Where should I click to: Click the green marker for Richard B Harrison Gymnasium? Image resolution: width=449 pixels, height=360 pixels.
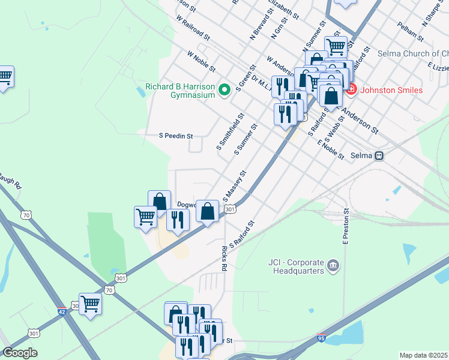225,91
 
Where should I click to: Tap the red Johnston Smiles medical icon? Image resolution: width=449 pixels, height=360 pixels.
350,90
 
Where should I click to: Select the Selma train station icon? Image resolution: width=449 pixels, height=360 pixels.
379,155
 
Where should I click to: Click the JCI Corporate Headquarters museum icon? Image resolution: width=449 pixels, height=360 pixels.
334,265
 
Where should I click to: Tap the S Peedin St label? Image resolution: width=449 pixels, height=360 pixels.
175,136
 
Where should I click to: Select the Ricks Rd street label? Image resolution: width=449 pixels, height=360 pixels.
224,257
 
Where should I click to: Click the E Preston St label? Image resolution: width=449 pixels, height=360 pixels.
346,226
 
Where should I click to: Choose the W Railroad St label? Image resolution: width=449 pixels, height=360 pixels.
193,28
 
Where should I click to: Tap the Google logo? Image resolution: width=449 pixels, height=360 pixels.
20,353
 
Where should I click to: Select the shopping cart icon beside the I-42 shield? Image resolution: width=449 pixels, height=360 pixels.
90,304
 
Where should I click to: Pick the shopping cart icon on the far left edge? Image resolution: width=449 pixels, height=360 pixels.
4,76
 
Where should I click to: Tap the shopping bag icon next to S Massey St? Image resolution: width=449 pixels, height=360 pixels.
207,211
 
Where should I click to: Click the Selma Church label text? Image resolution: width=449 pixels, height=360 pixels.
412,54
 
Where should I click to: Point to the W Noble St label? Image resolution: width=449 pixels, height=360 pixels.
201,62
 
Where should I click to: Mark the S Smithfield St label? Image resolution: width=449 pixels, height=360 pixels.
230,132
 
